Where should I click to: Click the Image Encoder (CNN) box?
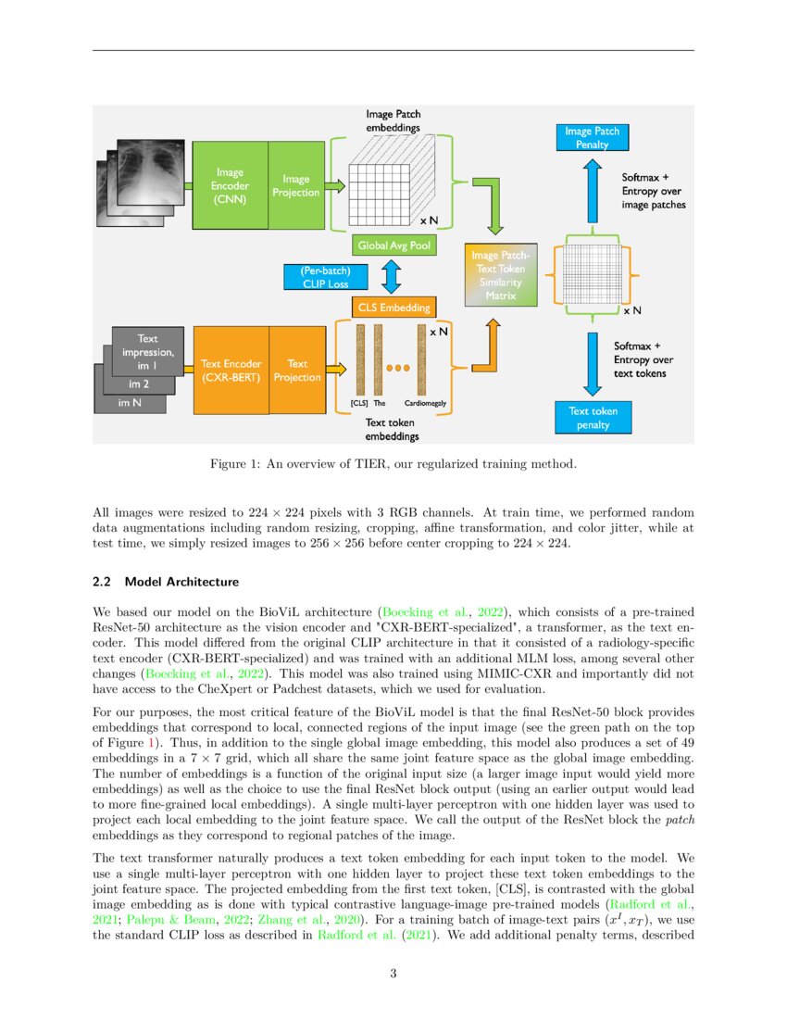click(230, 185)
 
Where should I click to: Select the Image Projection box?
click(296, 185)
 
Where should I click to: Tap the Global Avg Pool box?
click(394, 245)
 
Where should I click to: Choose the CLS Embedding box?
click(393, 308)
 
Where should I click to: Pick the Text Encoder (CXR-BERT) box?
click(231, 371)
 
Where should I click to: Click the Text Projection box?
click(297, 371)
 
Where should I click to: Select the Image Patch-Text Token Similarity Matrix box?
click(501, 275)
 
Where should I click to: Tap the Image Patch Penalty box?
click(592, 138)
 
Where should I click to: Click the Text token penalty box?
click(593, 418)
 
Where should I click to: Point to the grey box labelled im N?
click(130, 404)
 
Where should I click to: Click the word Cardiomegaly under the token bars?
click(427, 404)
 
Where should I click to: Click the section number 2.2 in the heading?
click(103, 582)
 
